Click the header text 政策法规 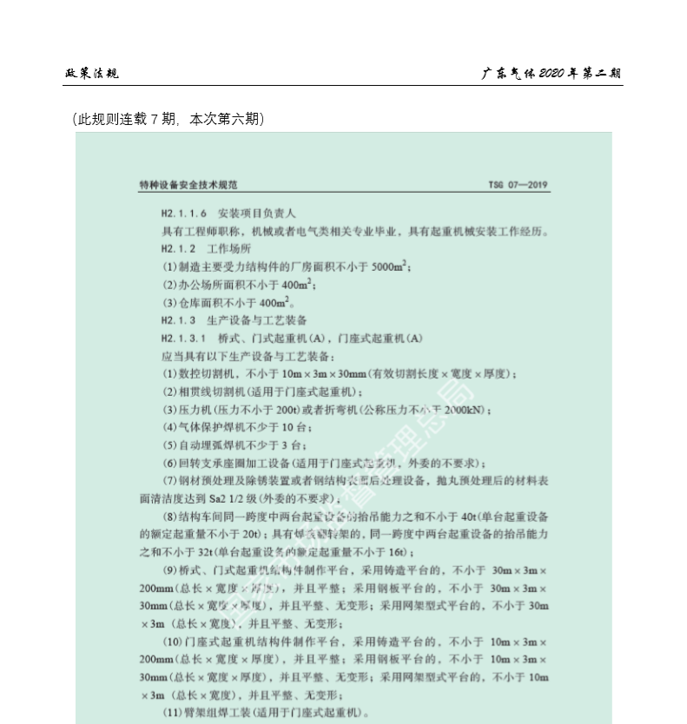pos(92,73)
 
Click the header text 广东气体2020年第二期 pos(552,73)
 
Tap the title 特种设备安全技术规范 pos(188,185)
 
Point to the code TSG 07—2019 pos(519,185)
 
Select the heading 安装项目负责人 pos(257,213)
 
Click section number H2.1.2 pos(178,248)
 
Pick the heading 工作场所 pos(228,248)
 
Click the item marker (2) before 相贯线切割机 pos(169,392)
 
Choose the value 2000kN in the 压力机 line pos(468,410)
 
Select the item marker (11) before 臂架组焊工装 pos(174,714)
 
